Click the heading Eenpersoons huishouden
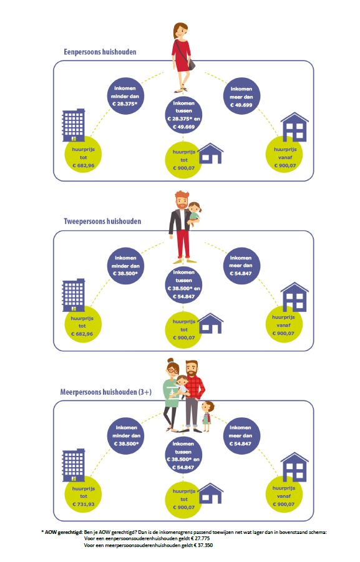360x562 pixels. click(100, 52)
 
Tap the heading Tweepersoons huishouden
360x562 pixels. click(102, 221)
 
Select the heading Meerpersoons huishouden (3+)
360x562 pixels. click(106, 392)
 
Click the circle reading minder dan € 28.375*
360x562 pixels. click(125, 96)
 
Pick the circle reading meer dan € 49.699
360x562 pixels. click(241, 96)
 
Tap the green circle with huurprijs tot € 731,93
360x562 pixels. click(83, 495)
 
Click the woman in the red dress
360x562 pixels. click(183, 57)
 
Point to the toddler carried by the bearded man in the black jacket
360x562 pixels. click(193, 214)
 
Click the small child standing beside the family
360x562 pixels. click(207, 416)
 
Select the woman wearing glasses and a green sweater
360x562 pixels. click(172, 394)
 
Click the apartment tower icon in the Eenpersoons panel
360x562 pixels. click(74, 125)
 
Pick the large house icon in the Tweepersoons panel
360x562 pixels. click(294, 297)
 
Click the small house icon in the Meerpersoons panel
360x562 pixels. click(210, 493)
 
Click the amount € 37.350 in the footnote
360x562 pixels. click(203, 545)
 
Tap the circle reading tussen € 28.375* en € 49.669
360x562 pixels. click(183, 115)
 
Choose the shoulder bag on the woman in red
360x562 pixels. click(191, 64)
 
